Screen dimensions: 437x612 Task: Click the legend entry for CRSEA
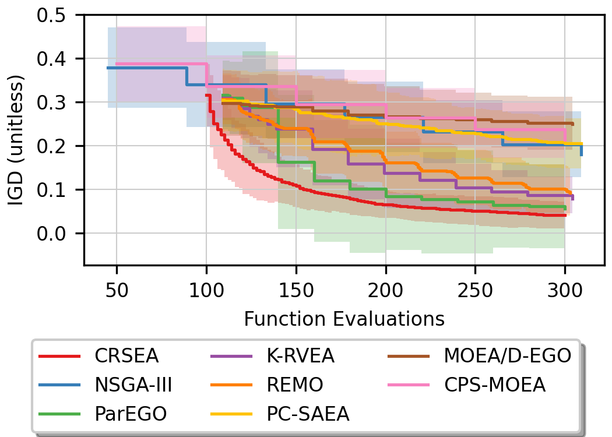click(x=126, y=356)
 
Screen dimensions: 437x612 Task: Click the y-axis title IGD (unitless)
click(x=16, y=139)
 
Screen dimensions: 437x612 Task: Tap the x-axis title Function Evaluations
click(x=344, y=319)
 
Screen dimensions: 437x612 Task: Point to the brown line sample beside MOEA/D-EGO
click(x=406, y=356)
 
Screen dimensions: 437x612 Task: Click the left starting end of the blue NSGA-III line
click(x=108, y=68)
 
